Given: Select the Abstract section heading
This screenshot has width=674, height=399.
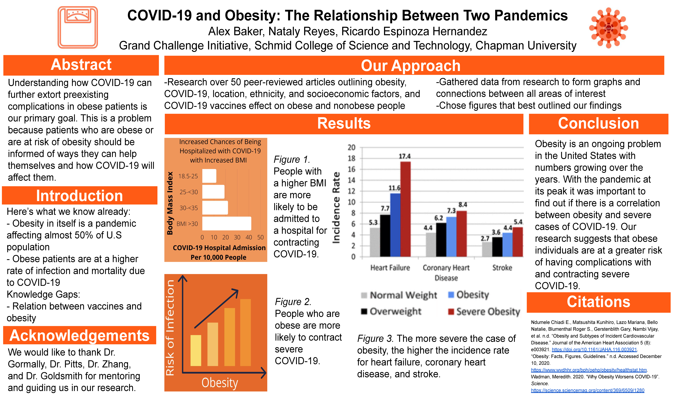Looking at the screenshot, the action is point(81,65).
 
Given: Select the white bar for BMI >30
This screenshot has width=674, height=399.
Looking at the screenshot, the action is point(227,223).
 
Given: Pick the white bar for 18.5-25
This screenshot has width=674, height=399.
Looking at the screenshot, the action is point(209,176).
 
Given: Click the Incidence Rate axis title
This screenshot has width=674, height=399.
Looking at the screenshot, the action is point(336,208).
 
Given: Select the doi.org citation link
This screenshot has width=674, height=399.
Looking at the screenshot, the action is point(594,349).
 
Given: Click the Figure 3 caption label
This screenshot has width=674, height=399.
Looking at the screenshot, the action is point(375,339).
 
